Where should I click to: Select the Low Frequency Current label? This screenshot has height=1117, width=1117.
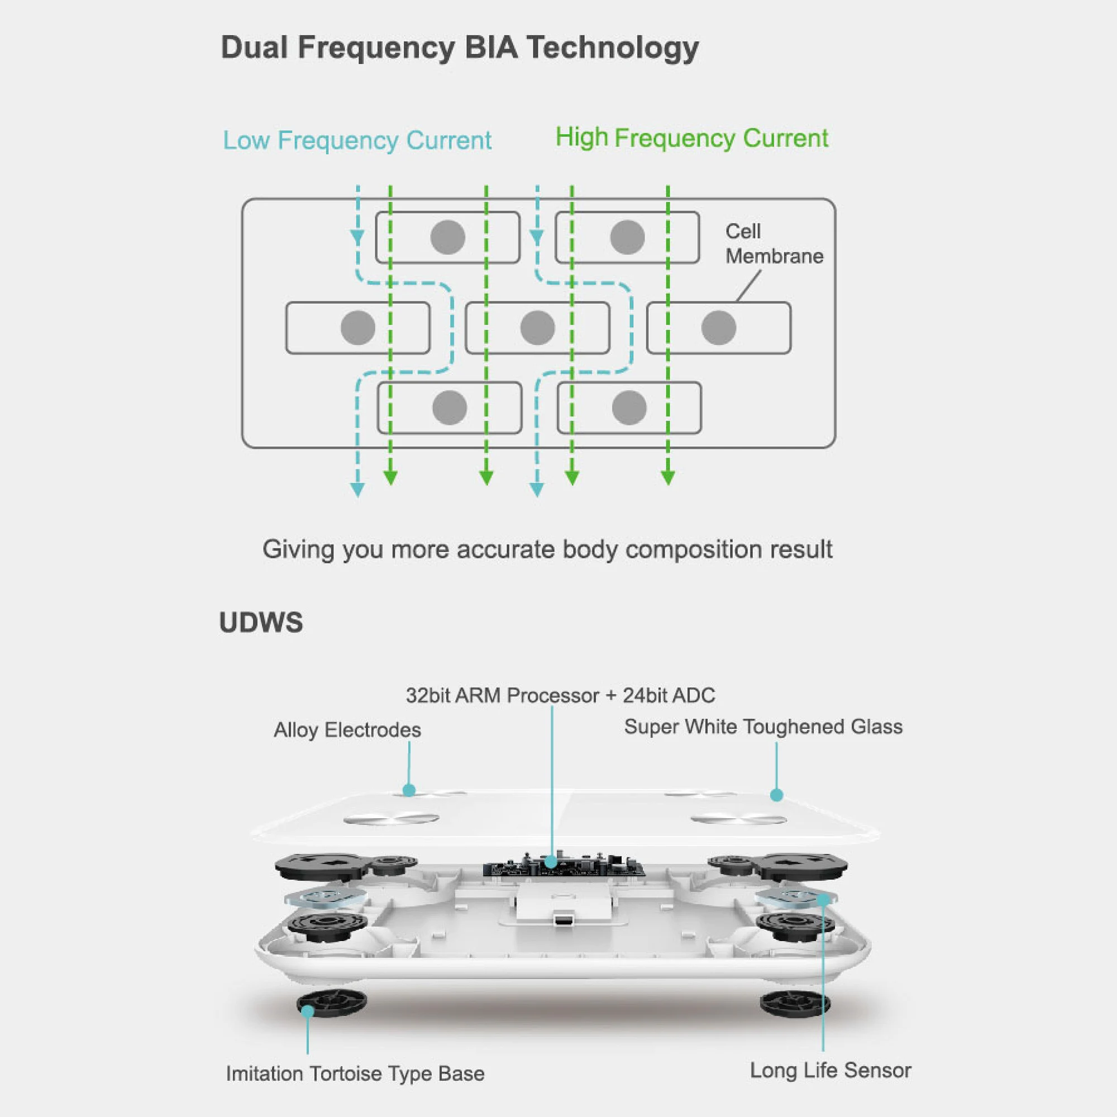(x=357, y=141)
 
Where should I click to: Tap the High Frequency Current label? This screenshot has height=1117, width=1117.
(x=691, y=138)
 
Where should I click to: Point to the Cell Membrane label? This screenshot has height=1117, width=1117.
(x=774, y=244)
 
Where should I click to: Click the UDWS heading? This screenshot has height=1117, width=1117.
(x=261, y=623)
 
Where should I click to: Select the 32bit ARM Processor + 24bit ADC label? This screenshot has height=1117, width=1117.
(x=560, y=695)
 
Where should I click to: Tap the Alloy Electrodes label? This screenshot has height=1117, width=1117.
(x=347, y=730)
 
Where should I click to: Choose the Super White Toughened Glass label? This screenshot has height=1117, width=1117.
(x=763, y=727)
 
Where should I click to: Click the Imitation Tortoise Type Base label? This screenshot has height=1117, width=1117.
(x=355, y=1073)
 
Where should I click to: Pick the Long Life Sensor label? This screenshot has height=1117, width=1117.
(x=830, y=1070)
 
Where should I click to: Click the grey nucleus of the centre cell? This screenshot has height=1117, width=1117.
(x=537, y=328)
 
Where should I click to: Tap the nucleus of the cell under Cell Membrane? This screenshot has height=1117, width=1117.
(x=718, y=328)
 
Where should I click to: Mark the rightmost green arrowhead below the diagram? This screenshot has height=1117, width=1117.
(x=668, y=478)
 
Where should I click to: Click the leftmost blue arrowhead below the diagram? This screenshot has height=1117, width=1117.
(x=357, y=490)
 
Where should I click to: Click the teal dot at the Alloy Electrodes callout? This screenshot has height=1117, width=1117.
(x=409, y=790)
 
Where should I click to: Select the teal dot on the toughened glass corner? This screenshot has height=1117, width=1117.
(x=776, y=795)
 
